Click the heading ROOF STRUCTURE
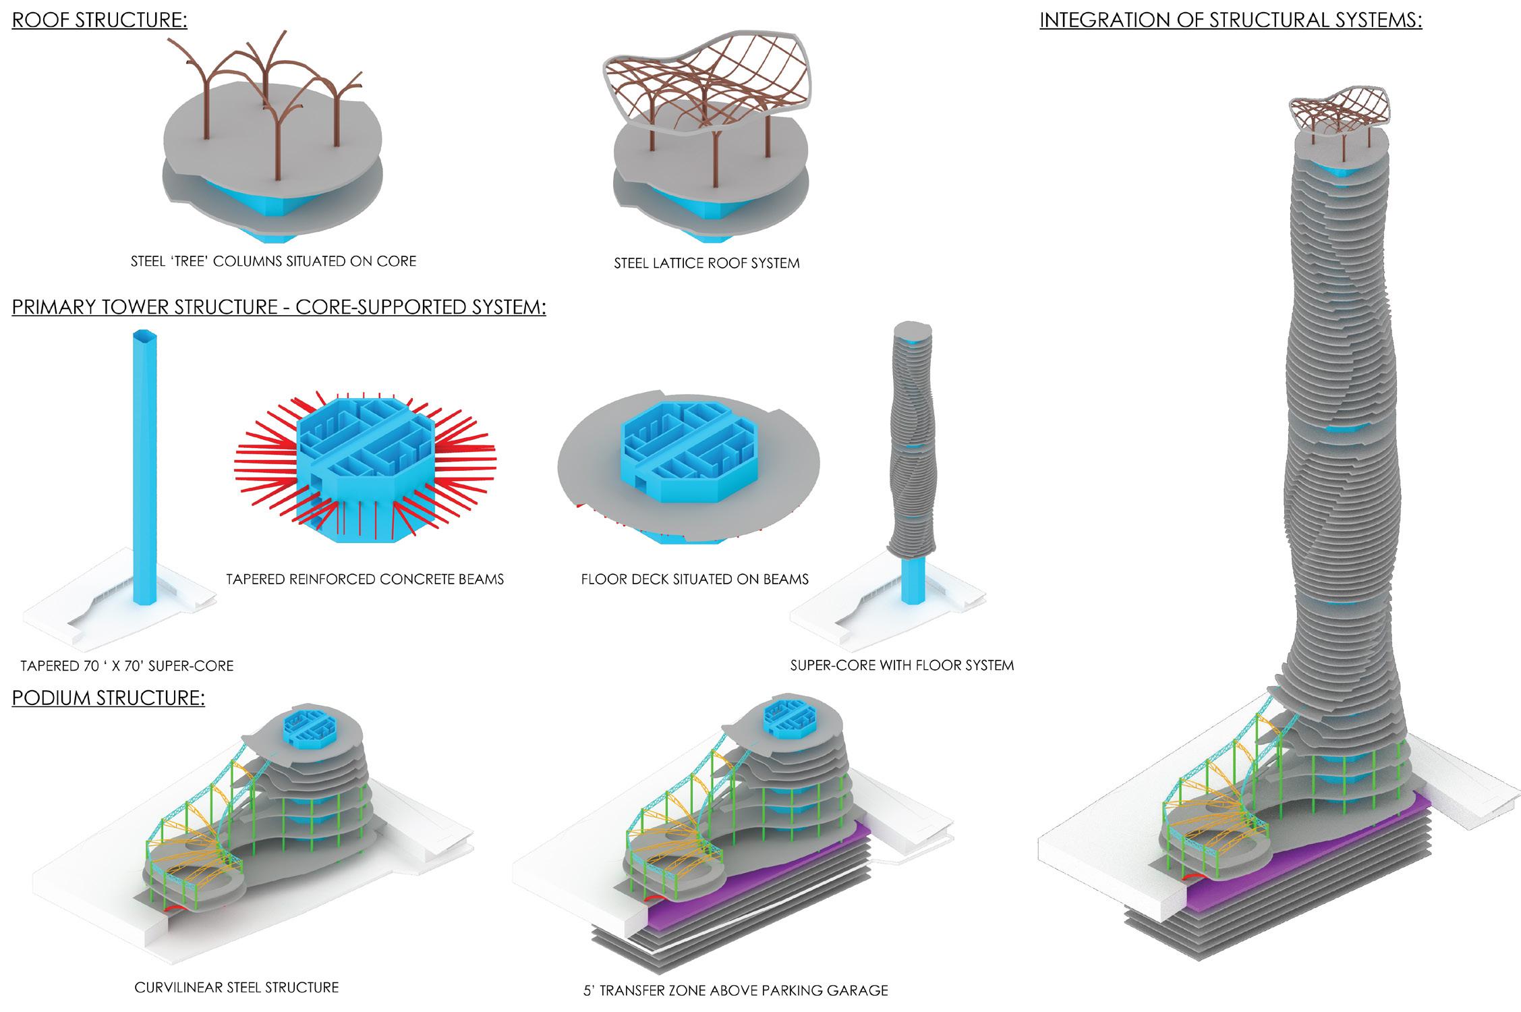click(x=100, y=20)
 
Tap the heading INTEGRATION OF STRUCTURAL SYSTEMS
click(x=1230, y=20)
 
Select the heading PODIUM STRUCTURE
click(x=108, y=698)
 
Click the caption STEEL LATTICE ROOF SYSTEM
click(x=706, y=264)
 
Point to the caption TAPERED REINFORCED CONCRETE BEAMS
click(x=365, y=579)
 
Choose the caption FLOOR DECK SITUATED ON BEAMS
click(x=695, y=579)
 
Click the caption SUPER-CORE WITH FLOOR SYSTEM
click(x=902, y=665)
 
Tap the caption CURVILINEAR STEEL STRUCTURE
click(x=236, y=988)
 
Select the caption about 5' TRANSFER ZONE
click(x=735, y=991)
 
